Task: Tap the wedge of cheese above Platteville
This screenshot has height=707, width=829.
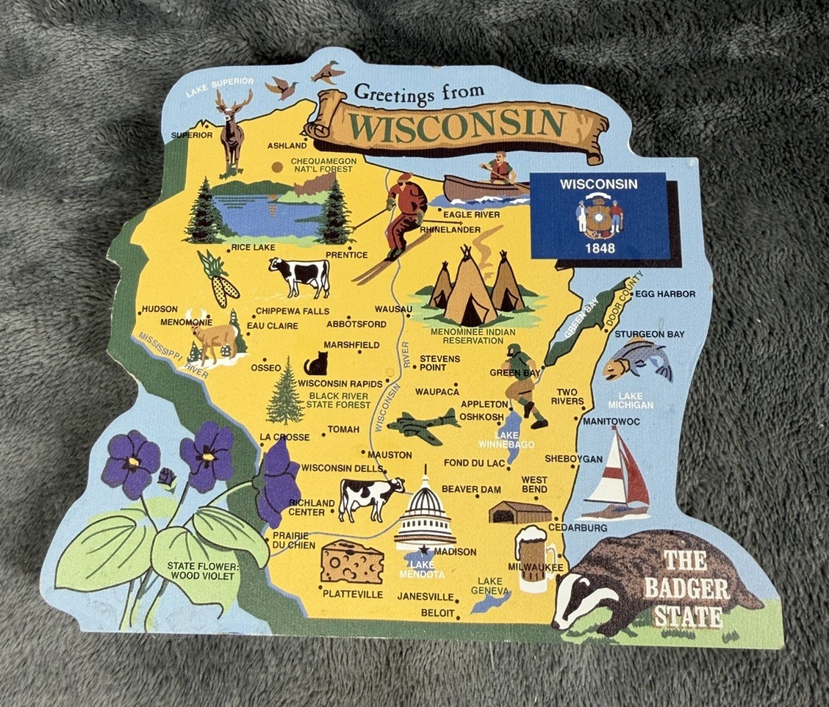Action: tap(352, 562)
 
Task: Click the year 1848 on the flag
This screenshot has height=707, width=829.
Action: tap(600, 247)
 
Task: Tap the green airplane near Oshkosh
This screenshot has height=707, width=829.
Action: tap(423, 426)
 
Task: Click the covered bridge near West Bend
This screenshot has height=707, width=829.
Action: tap(520, 512)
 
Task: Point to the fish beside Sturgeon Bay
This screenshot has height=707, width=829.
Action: tap(636, 360)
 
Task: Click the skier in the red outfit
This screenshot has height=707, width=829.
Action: tap(403, 213)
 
